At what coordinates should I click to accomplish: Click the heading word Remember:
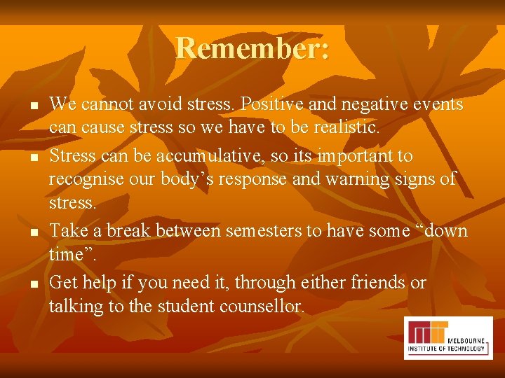click(252, 48)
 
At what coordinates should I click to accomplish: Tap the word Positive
click(269, 104)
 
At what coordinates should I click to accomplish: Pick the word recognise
click(88, 179)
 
